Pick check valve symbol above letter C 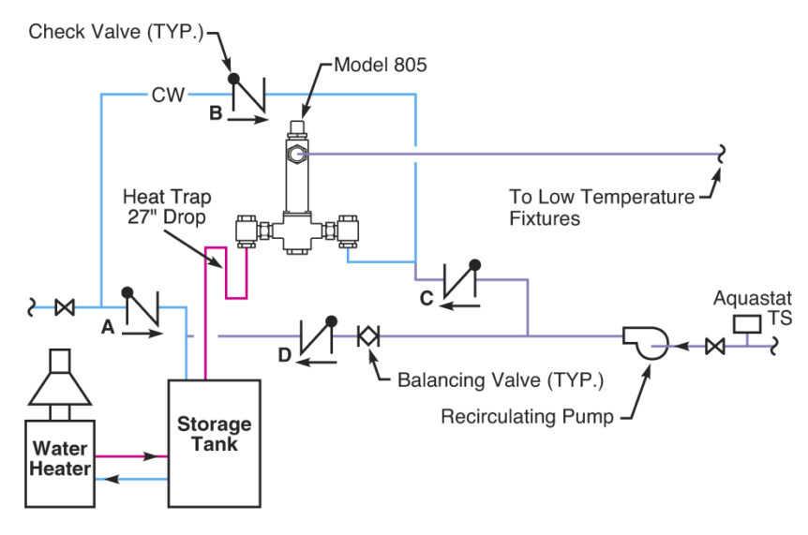460,280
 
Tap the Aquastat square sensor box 747,324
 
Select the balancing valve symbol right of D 368,334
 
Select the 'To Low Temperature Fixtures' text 601,208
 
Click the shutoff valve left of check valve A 66,306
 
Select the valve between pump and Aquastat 714,347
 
